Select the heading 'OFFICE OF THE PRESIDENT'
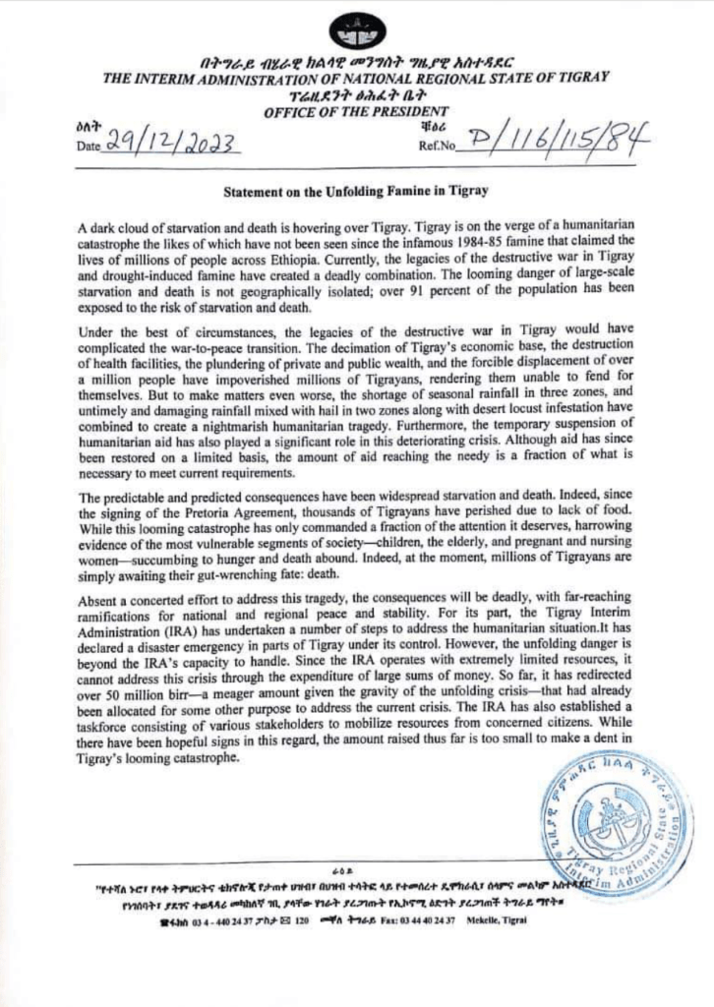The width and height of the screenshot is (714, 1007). (x=356, y=113)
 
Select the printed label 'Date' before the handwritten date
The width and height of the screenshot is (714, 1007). (x=89, y=148)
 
